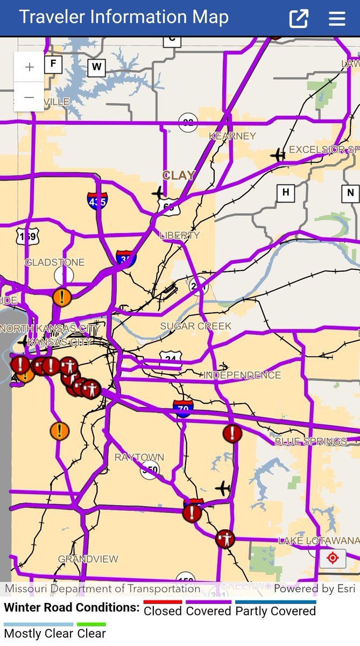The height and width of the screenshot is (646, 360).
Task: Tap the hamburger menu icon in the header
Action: (337, 19)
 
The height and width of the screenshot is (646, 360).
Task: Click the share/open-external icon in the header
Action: (299, 19)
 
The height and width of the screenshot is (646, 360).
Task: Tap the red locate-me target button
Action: (333, 558)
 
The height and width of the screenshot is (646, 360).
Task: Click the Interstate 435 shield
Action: (97, 200)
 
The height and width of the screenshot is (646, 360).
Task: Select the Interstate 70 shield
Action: (183, 409)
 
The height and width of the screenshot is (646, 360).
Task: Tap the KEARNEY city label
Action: (232, 136)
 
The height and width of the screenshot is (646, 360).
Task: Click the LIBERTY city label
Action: (180, 235)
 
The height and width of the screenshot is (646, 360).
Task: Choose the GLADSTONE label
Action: (55, 262)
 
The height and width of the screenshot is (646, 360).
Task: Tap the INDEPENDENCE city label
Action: (242, 375)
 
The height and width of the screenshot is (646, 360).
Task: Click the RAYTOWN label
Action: (139, 457)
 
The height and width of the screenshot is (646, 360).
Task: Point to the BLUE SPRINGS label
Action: (311, 441)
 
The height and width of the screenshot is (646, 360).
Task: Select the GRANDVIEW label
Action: (88, 559)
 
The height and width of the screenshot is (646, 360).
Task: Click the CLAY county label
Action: (179, 175)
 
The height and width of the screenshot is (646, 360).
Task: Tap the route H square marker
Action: (285, 192)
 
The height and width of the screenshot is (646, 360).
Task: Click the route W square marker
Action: (96, 67)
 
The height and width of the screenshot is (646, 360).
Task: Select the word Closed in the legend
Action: (163, 611)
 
